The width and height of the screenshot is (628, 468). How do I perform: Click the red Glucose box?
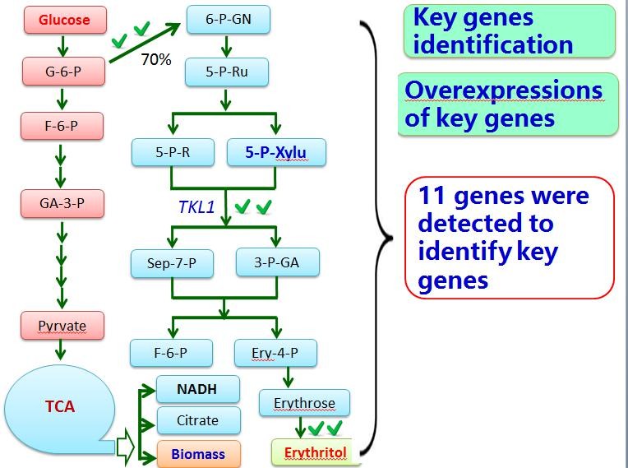pyautogui.click(x=64, y=20)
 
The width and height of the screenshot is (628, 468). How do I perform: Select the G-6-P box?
pyautogui.click(x=63, y=72)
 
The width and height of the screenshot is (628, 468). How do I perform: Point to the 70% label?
pyautogui.click(x=156, y=59)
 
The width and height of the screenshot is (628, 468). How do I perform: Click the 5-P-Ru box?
pyautogui.click(x=227, y=72)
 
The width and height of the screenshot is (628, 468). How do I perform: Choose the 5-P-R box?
pyautogui.click(x=173, y=151)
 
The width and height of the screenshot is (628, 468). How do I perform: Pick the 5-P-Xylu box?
pyautogui.click(x=275, y=151)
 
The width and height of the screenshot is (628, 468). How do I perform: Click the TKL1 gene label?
pyautogui.click(x=196, y=206)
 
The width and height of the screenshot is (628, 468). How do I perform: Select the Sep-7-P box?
pyautogui.click(x=173, y=263)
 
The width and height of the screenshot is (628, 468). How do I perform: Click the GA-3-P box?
pyautogui.click(x=62, y=202)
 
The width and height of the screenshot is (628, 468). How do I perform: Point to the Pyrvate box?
pyautogui.click(x=62, y=326)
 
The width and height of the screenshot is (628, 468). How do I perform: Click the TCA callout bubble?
pyautogui.click(x=59, y=406)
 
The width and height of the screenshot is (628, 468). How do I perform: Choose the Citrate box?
pyautogui.click(x=198, y=420)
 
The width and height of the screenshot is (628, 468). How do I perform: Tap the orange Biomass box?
pyautogui.click(x=198, y=454)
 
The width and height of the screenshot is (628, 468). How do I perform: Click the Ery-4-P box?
pyautogui.click(x=275, y=353)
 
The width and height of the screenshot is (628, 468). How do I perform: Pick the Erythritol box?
pyautogui.click(x=316, y=452)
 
